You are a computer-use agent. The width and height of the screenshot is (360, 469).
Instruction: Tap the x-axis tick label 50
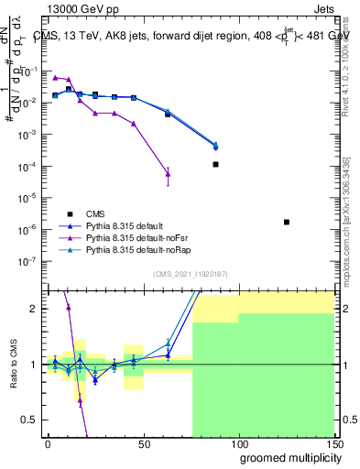[143, 442]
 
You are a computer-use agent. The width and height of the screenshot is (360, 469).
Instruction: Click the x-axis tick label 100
[238, 442]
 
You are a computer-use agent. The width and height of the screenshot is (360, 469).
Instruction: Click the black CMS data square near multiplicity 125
[287, 222]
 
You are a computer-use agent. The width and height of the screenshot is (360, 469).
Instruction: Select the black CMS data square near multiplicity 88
[215, 164]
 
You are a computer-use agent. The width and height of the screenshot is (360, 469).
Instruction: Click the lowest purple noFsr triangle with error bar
[168, 173]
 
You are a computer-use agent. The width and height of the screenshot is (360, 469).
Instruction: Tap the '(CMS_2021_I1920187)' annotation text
[191, 274]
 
